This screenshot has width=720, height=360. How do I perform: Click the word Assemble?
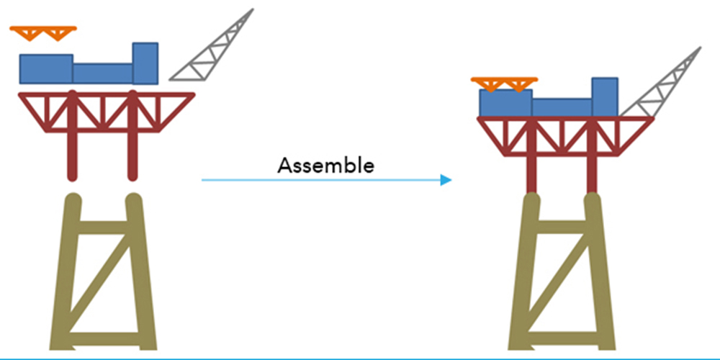(x=326, y=166)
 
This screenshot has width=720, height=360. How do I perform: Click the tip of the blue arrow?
(x=449, y=180)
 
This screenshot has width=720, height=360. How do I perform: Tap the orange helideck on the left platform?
(x=43, y=32)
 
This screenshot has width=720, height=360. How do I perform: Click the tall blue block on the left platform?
(x=145, y=63)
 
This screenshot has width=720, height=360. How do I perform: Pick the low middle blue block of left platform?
(x=102, y=73)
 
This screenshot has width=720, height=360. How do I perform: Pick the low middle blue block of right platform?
(x=562, y=107)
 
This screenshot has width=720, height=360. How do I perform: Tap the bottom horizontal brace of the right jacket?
(x=562, y=335)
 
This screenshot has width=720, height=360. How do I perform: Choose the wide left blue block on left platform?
(x=46, y=68)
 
